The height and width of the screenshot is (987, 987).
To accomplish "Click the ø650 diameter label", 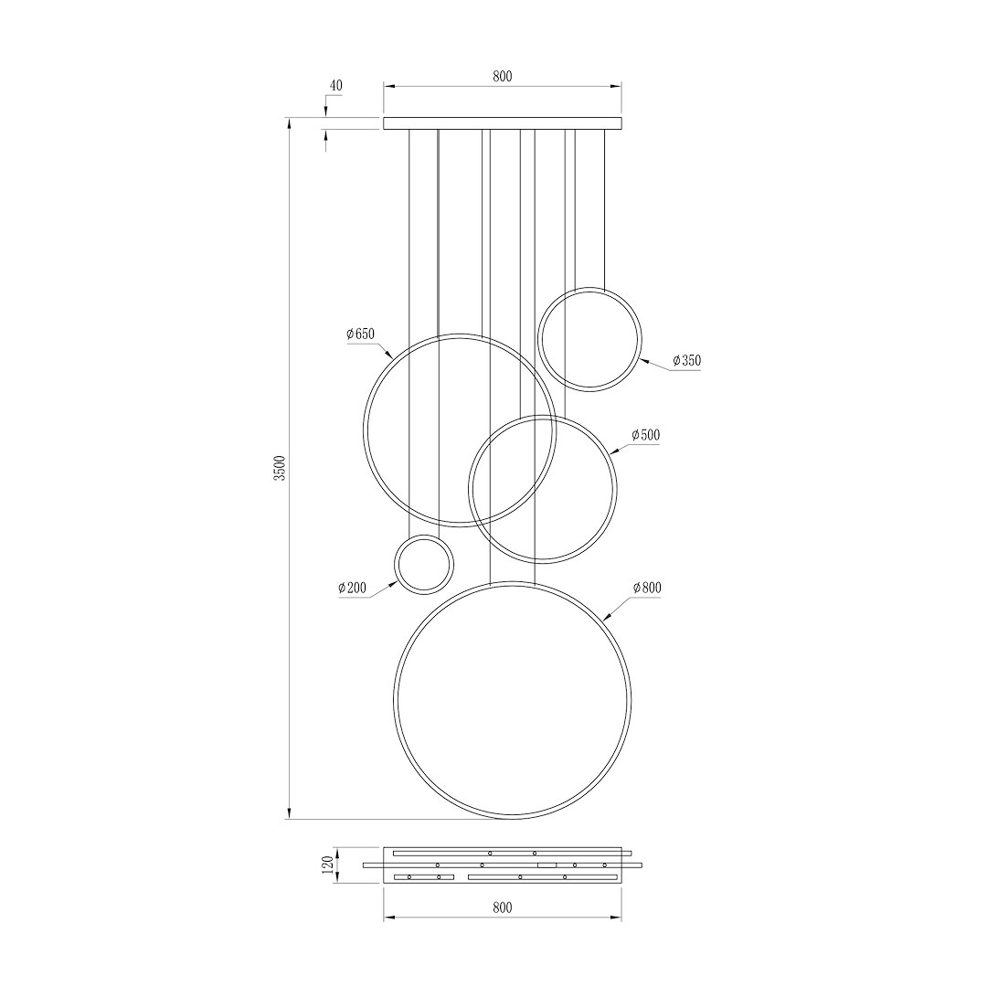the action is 361,334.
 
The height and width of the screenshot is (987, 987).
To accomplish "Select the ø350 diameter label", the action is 686,361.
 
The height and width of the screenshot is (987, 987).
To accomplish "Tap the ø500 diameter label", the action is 646,435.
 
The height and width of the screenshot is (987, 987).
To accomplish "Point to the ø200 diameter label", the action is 352,588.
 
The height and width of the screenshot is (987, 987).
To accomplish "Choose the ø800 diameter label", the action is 647,588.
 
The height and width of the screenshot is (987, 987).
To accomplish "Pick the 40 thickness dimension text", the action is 336,86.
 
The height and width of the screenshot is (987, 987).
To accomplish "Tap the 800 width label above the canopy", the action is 503,76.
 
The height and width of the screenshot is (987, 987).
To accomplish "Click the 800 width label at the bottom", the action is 503,907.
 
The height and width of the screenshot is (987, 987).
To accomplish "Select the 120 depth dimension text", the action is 326,865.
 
